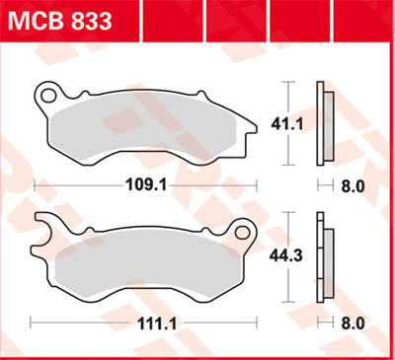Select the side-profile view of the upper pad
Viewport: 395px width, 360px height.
coord(323,123)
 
